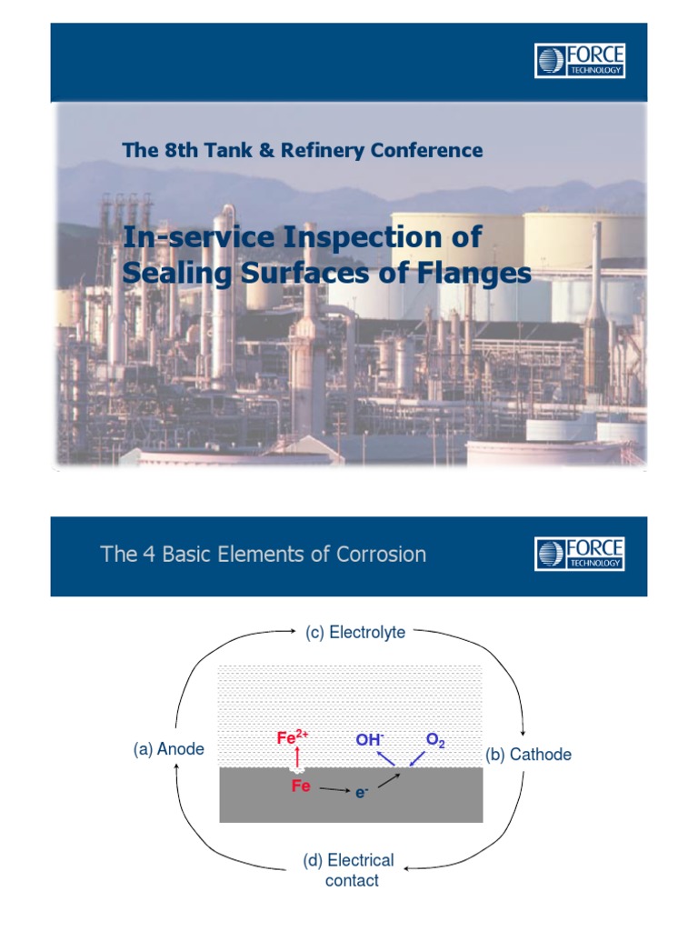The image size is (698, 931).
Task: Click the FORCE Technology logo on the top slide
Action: click(x=580, y=61)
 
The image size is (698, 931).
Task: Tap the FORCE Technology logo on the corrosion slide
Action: click(x=580, y=554)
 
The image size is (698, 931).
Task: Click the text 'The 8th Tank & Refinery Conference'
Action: click(x=303, y=150)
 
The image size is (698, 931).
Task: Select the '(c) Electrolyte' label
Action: click(x=354, y=632)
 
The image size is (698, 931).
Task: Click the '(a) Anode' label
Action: click(x=169, y=749)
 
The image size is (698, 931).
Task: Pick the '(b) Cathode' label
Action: click(x=529, y=755)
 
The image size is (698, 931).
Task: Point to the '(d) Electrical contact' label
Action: click(x=348, y=870)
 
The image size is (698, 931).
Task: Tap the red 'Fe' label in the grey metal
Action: click(x=301, y=786)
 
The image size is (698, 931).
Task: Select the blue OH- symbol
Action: click(x=369, y=740)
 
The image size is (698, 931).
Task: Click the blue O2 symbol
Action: click(x=435, y=741)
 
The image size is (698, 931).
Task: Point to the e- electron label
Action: click(x=362, y=793)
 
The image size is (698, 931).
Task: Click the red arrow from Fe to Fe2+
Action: click(x=297, y=761)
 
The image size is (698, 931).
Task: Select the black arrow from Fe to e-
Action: click(x=334, y=790)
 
